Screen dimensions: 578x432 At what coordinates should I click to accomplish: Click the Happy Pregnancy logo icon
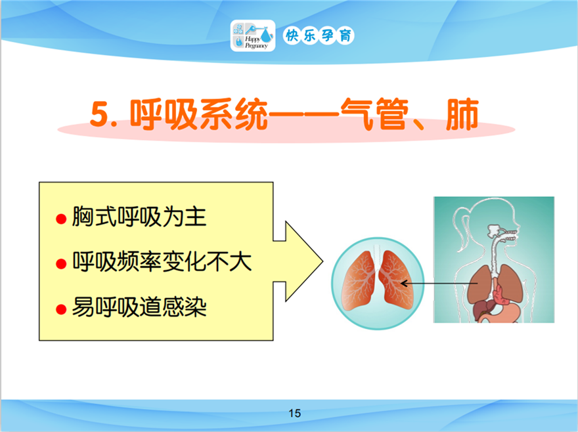253,35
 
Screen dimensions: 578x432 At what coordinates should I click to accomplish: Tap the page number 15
294,413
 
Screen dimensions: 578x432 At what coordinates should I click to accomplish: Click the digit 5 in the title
100,114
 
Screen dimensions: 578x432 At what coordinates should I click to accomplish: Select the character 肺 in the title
462,114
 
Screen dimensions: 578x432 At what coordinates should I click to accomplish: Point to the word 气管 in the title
374,114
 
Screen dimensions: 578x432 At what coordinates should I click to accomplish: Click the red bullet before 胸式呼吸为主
61,219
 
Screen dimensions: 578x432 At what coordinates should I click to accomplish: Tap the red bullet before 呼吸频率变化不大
61,264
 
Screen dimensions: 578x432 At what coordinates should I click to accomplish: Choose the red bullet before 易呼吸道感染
61,309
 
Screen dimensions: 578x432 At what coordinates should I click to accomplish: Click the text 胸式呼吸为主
139,217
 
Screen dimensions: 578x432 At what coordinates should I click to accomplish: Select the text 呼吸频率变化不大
162,262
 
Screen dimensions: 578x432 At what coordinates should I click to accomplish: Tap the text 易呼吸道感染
139,307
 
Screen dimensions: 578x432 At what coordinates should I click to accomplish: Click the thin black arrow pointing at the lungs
439,284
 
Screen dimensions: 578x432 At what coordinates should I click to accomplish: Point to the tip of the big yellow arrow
323,262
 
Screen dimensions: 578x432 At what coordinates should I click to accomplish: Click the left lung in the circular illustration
357,281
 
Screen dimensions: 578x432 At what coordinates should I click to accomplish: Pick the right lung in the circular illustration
396,280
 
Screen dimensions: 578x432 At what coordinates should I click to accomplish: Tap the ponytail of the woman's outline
461,228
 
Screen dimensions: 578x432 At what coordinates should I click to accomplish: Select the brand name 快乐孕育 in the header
319,35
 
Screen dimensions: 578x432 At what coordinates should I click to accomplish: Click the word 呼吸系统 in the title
198,114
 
